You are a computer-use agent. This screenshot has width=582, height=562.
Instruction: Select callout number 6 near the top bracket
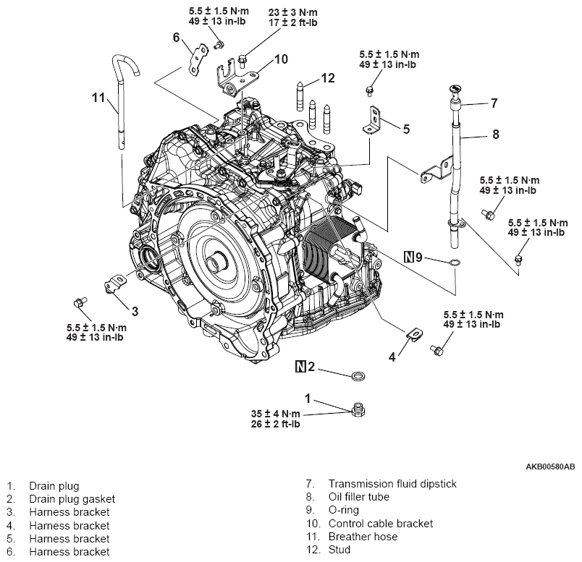(x=176, y=38)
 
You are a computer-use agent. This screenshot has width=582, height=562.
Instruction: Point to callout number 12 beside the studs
(x=328, y=78)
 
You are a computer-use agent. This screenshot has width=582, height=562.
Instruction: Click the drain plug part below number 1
(x=356, y=411)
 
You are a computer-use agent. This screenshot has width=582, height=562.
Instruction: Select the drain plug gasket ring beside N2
(x=357, y=376)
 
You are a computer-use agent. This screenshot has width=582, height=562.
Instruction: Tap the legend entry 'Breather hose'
(x=363, y=537)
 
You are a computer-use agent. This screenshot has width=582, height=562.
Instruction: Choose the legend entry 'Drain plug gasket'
(x=72, y=498)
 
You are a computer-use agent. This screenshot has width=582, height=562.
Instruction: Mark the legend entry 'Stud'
(x=339, y=550)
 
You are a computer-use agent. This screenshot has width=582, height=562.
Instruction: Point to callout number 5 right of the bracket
(x=406, y=129)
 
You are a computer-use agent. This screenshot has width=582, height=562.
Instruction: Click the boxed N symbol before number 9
(x=409, y=256)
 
